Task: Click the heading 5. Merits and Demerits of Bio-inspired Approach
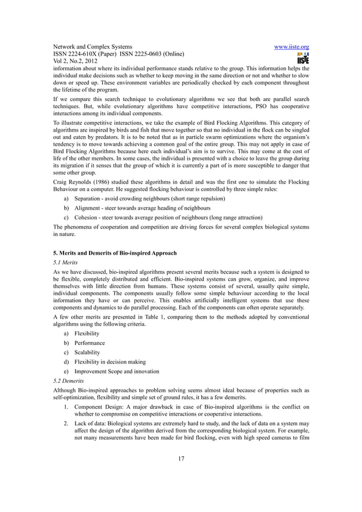pos(114,252)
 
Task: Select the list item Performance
pos(90,343)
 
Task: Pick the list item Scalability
pos(87,352)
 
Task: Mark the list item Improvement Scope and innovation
pos(117,371)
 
